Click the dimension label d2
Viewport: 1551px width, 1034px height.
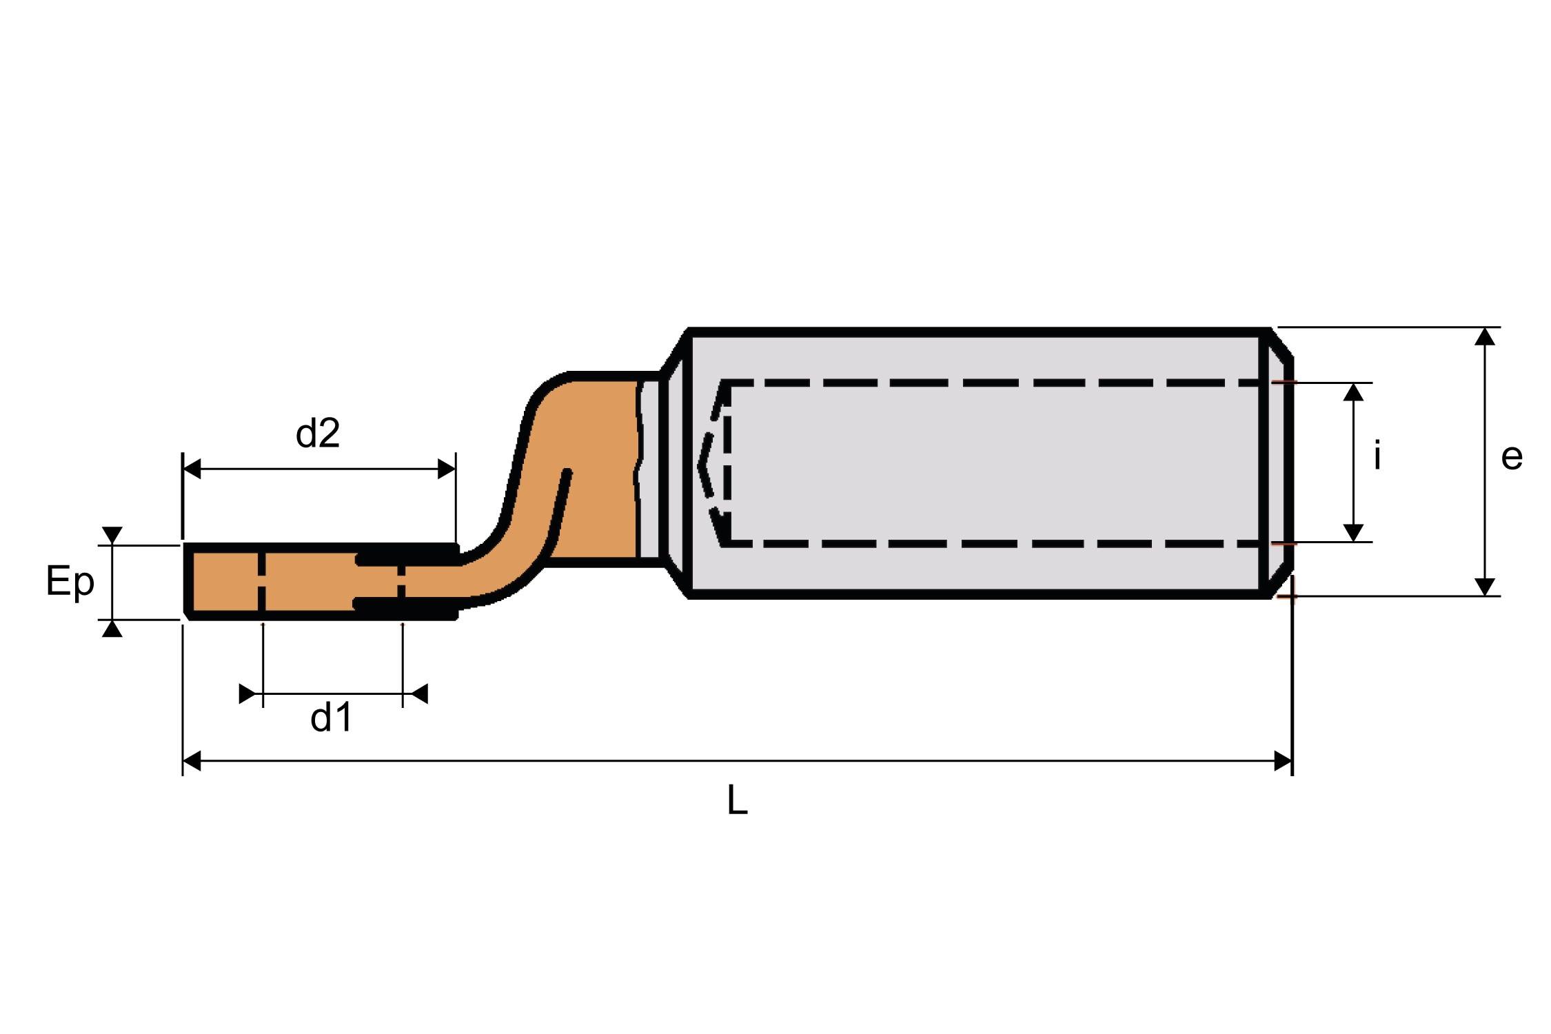point(318,433)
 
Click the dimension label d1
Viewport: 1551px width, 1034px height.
point(332,717)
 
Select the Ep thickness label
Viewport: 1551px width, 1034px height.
point(70,581)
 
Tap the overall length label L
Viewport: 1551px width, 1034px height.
point(737,800)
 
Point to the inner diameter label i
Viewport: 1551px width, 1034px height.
point(1377,456)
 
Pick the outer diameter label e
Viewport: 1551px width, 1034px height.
point(1512,457)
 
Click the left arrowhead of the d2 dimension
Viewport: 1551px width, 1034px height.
point(192,469)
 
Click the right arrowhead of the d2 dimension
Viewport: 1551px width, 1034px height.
point(447,469)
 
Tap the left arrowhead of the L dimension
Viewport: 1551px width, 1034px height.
point(192,761)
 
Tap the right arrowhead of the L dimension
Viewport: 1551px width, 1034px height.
point(1283,761)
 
